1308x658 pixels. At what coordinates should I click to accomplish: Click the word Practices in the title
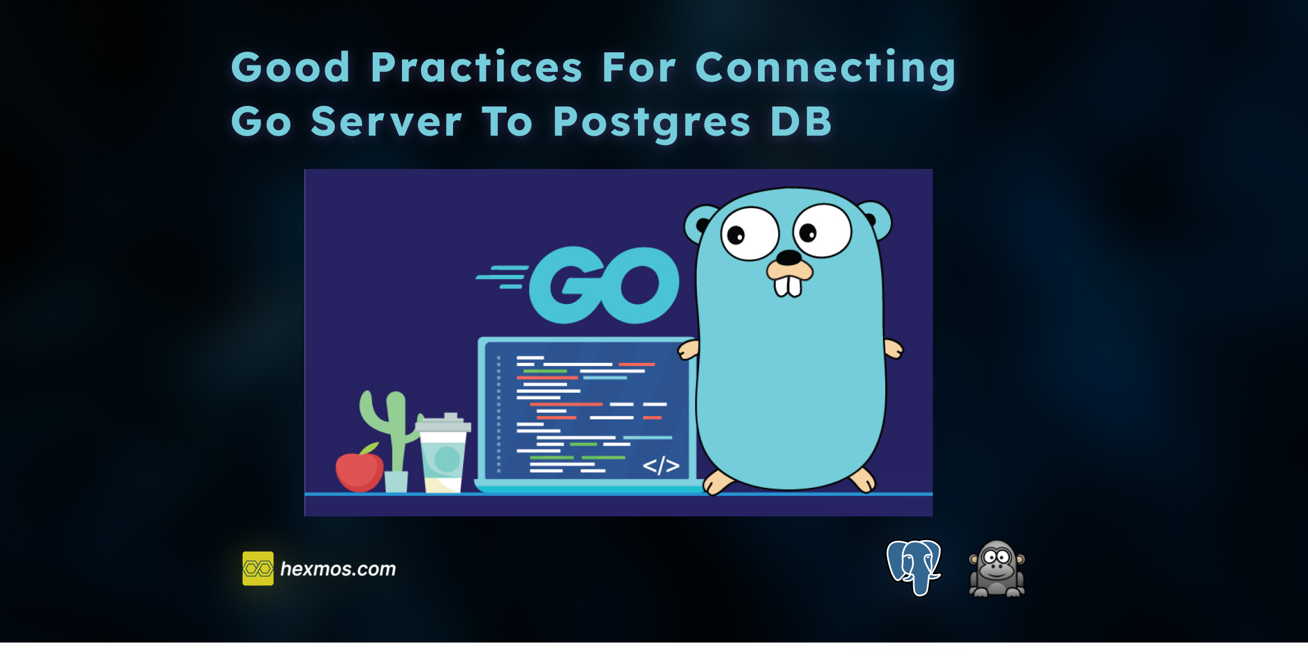click(x=476, y=67)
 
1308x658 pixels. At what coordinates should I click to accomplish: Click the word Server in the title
click(x=386, y=121)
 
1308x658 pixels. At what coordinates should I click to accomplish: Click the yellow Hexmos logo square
click(x=258, y=568)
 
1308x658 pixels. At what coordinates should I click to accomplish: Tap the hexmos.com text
click(x=338, y=569)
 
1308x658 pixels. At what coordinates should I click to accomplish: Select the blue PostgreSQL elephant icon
click(x=914, y=568)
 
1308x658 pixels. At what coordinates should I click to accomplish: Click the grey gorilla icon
click(x=997, y=568)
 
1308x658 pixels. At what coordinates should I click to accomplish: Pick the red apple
click(x=359, y=471)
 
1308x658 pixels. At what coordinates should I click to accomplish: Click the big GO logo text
click(x=603, y=285)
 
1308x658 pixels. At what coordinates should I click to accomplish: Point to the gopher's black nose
click(x=789, y=258)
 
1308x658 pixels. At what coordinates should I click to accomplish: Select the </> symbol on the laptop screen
click(x=661, y=465)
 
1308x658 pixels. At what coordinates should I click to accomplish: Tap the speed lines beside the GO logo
click(x=502, y=277)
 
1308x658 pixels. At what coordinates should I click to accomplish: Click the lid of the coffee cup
click(x=443, y=423)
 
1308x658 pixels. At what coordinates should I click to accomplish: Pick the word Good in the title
click(x=290, y=67)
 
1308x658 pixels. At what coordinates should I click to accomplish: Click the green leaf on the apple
click(x=370, y=448)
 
